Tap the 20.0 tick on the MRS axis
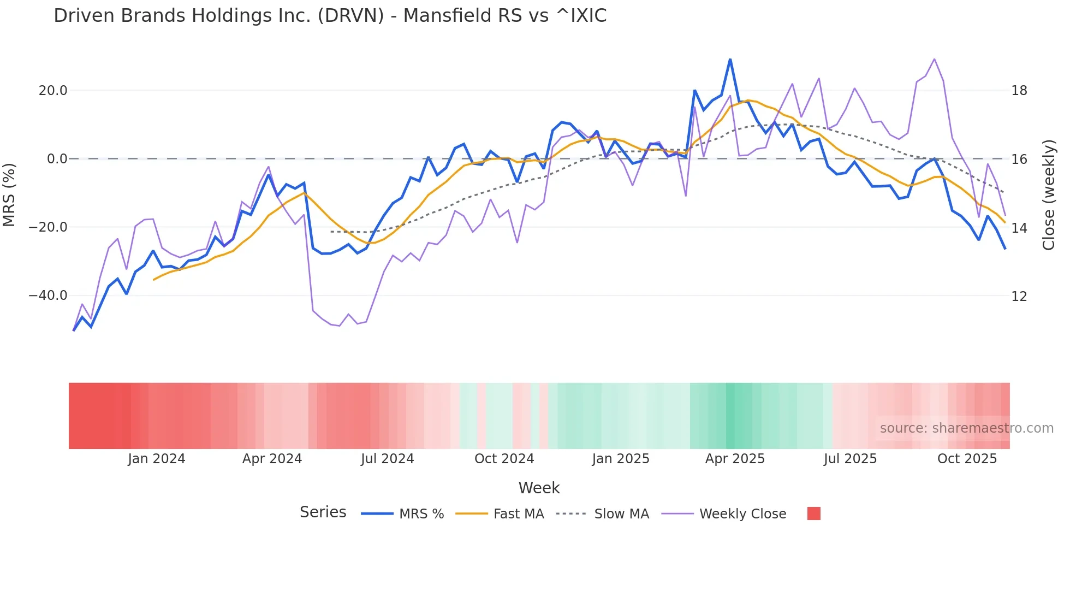52,91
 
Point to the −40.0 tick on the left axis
48,296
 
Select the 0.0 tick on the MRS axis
57,159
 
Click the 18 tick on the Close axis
1019,91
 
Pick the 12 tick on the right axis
1019,297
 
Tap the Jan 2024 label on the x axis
157,459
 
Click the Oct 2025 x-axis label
967,459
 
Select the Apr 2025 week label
735,459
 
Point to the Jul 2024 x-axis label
387,459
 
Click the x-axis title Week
539,488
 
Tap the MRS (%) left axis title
9,194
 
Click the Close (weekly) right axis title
1049,194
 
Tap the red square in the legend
813,514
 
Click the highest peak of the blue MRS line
730,59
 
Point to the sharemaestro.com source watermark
966,428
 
